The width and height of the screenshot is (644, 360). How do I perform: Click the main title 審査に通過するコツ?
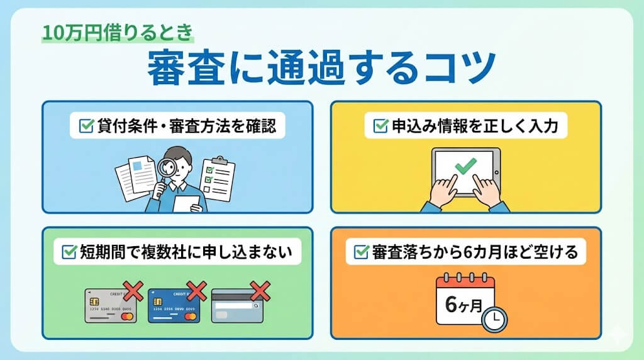pos(321,68)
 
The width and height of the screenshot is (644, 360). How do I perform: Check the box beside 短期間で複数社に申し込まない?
pos(69,253)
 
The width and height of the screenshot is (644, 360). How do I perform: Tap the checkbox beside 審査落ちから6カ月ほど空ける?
pos(361,253)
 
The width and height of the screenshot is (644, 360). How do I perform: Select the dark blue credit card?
pos(174,305)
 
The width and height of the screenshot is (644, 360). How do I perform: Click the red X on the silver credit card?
pos(133,290)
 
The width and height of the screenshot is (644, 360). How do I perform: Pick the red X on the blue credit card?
pos(196,290)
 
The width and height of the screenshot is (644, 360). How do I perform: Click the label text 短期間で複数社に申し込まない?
pos(186,253)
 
